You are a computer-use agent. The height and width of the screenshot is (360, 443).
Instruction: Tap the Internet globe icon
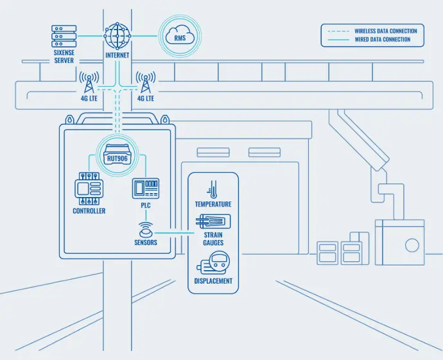(x=117, y=35)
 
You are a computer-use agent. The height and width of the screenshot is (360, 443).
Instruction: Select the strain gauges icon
(x=213, y=221)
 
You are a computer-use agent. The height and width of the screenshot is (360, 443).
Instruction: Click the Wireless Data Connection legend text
(x=385, y=31)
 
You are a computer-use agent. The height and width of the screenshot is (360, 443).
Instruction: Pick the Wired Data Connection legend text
(x=382, y=40)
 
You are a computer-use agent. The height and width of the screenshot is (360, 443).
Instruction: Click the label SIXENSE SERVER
(x=64, y=56)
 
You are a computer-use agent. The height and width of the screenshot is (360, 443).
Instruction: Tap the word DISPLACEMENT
(x=213, y=281)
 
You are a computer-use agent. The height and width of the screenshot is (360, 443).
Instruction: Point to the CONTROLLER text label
(x=89, y=210)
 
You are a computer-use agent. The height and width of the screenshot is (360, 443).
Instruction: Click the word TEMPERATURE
(x=213, y=204)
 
